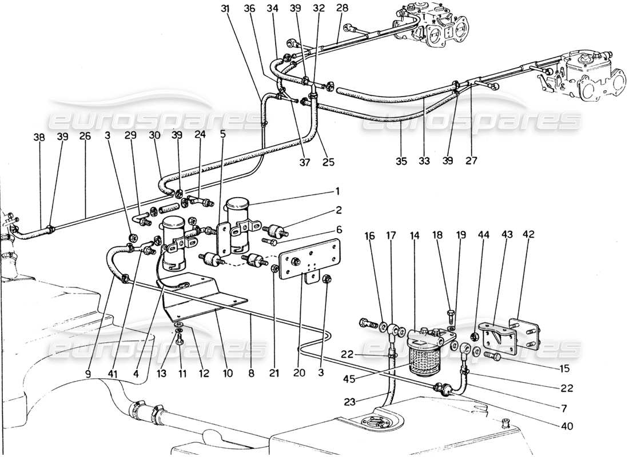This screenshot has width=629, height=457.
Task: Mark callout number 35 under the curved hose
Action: point(402,162)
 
